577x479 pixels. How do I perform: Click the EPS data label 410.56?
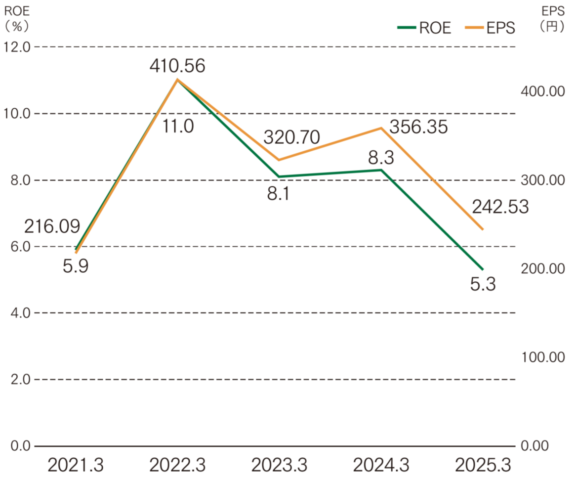(177, 66)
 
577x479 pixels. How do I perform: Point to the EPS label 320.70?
(291, 136)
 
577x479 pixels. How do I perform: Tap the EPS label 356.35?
(418, 127)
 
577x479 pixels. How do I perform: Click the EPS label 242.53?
(500, 207)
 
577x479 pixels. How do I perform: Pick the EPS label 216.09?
(52, 227)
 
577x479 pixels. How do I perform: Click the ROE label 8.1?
(278, 192)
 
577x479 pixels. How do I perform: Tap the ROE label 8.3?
(381, 158)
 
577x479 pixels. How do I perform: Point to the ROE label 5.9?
(76, 267)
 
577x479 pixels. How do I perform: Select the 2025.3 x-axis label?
(482, 465)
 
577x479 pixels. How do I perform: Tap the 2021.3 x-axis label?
(76, 465)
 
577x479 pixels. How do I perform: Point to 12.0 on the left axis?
(17, 47)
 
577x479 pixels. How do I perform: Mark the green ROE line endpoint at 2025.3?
(483, 269)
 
